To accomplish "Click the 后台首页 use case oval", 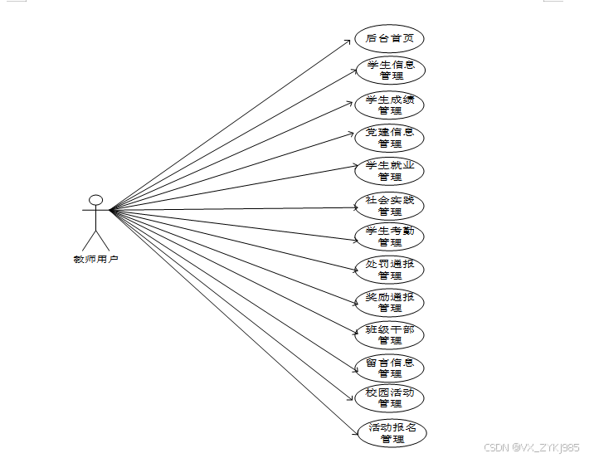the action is pos(390,38).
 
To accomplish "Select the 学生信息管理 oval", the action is pos(390,70).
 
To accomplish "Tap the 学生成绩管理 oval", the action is pos(390,105).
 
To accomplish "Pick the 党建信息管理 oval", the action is pos(390,138).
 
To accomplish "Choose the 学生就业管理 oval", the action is pos(390,171).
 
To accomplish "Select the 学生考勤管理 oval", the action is pos(390,236).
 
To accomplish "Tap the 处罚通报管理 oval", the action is pos(390,270).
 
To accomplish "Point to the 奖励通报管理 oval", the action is pos(390,302).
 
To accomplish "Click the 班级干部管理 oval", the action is pos(390,334).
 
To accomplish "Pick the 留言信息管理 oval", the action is pos(390,367).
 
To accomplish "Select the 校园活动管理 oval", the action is pos(390,398).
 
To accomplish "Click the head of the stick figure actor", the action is pos(96,200).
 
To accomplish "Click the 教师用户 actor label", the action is pos(96,260).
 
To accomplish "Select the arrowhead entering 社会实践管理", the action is pos(352,207).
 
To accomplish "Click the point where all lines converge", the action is pos(111,210).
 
